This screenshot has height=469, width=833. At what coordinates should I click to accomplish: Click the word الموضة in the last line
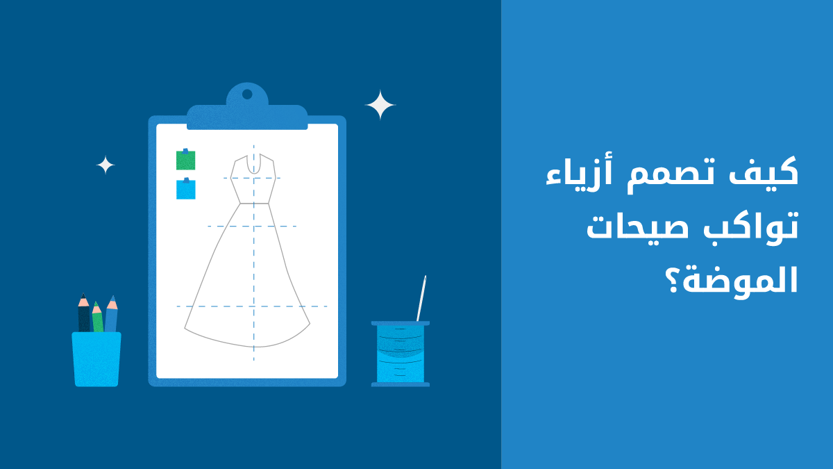pyautogui.click(x=741, y=281)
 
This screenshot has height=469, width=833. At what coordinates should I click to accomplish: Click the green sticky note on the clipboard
pyautogui.click(x=185, y=160)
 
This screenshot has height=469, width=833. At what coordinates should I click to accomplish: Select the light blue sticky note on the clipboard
pyautogui.click(x=185, y=189)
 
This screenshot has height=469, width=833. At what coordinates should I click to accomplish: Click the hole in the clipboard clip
pyautogui.click(x=247, y=94)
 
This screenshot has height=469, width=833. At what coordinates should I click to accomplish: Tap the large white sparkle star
pyautogui.click(x=380, y=105)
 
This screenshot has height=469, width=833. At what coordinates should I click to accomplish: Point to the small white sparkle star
pyautogui.click(x=106, y=165)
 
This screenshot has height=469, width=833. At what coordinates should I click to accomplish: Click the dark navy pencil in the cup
pyautogui.click(x=84, y=313)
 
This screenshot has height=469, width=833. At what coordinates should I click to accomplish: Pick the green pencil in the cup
pyautogui.click(x=97, y=317)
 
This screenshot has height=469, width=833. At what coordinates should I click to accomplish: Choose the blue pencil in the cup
pyautogui.click(x=111, y=314)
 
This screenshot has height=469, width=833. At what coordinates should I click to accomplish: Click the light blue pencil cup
pyautogui.click(x=96, y=359)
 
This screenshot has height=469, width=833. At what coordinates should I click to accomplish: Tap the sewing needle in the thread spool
pyautogui.click(x=421, y=298)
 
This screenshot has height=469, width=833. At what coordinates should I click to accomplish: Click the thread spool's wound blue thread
pyautogui.click(x=400, y=354)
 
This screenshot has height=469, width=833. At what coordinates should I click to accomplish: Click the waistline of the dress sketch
pyautogui.click(x=254, y=204)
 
